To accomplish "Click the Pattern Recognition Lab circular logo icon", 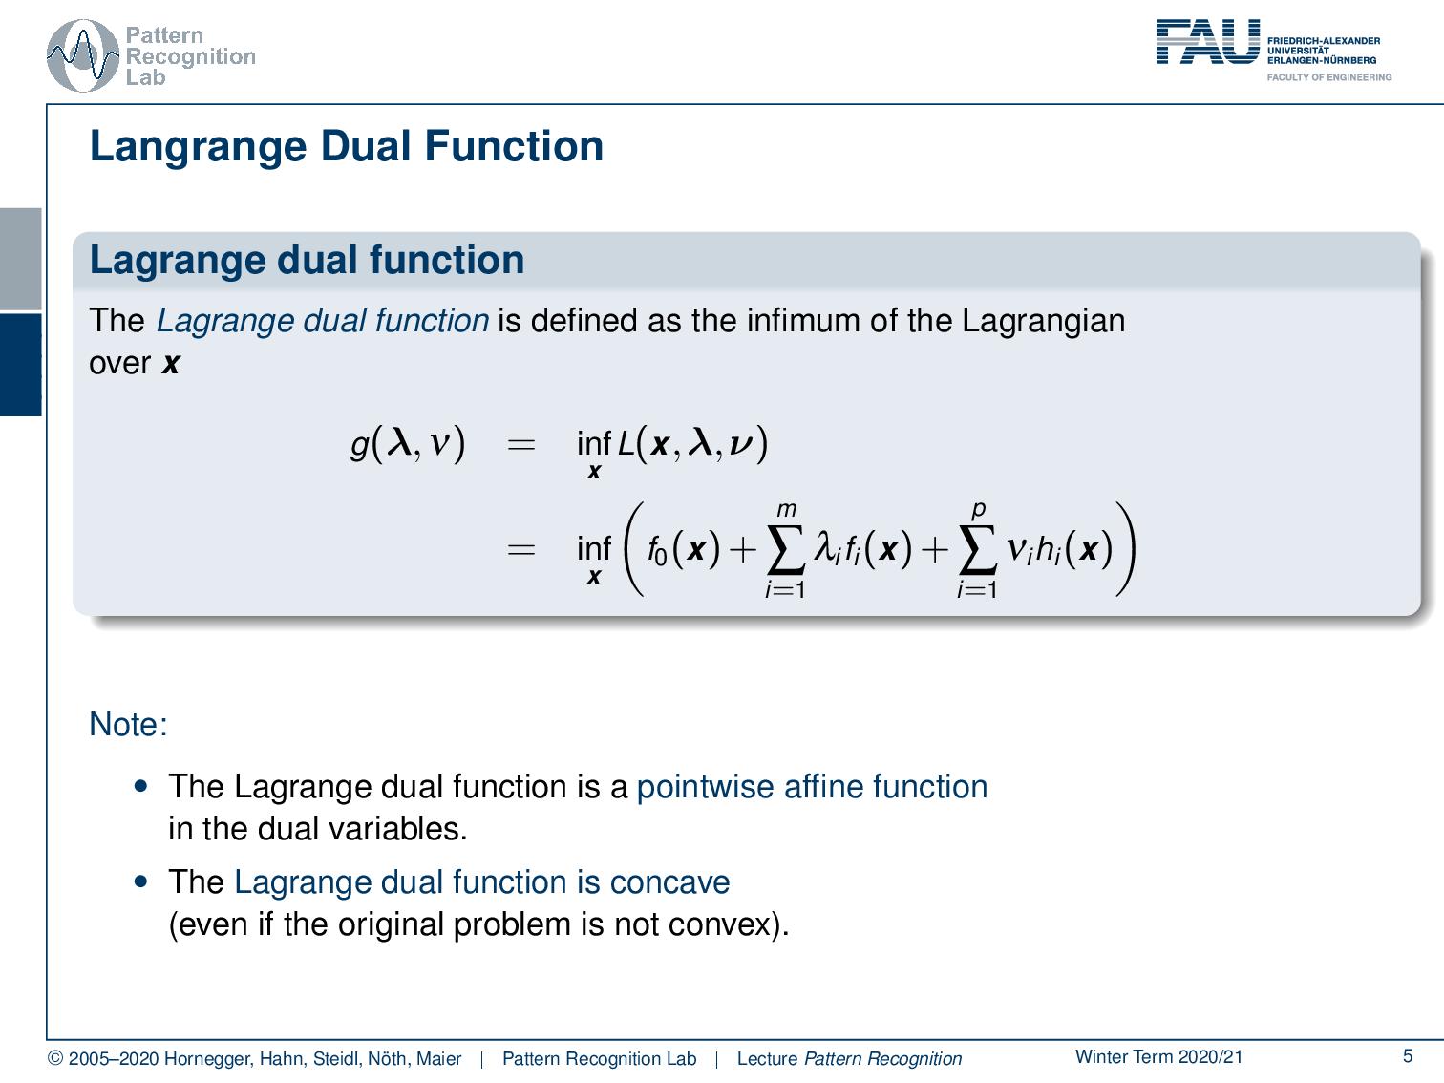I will (83, 56).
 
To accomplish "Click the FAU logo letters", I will (1207, 43).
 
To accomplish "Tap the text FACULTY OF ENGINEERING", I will (1328, 77).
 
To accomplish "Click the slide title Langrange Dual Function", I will (346, 147).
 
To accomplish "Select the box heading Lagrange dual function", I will (307, 261).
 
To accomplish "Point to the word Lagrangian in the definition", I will (1043, 320).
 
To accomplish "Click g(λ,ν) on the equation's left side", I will (408, 443).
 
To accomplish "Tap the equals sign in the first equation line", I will (520, 444).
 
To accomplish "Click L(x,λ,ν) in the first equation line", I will (692, 444).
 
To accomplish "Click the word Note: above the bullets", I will (128, 725).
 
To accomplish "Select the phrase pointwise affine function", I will (812, 787).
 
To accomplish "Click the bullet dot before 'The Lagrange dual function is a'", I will (142, 787).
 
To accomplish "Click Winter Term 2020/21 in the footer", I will (1158, 1056).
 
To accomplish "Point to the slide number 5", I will (1407, 1056).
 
